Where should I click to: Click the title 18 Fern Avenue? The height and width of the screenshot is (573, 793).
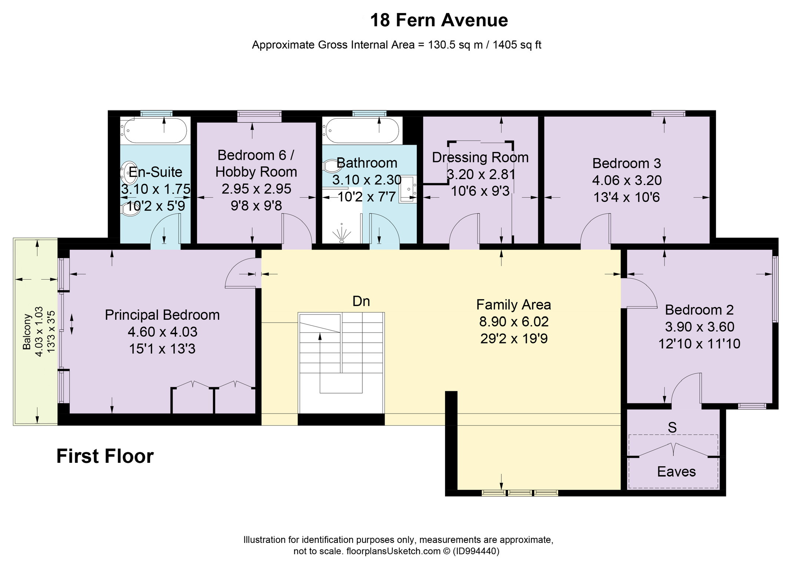tap(439, 20)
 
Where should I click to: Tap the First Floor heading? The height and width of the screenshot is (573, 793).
tap(105, 456)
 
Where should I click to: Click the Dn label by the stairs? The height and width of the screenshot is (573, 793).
tap(361, 301)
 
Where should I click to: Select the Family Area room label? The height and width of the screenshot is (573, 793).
tap(514, 305)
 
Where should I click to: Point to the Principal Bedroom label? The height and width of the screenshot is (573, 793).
tap(162, 315)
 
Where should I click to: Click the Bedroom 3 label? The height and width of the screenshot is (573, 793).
tap(627, 163)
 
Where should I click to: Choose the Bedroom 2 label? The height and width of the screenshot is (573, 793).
tap(699, 310)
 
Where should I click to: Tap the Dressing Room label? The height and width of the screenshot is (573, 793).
tap(480, 158)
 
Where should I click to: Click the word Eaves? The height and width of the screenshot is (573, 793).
tap(676, 471)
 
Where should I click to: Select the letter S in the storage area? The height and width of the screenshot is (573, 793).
tap(672, 428)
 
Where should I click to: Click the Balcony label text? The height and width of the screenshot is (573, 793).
tap(27, 332)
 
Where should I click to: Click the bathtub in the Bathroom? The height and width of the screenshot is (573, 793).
tap(361, 131)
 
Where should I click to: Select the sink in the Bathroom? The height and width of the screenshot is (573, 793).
tap(408, 190)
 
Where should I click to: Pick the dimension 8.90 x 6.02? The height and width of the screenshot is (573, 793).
tap(514, 322)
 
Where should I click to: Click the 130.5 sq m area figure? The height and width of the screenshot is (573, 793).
tap(455, 45)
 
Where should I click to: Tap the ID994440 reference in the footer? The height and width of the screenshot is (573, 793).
tap(476, 551)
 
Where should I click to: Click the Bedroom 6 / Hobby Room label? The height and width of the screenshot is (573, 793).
tap(256, 164)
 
